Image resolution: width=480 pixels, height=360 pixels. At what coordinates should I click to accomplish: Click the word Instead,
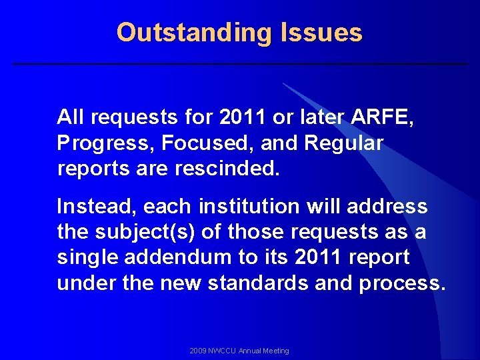tap(96, 207)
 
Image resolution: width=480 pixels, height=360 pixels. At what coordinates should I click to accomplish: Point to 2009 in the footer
tap(198, 351)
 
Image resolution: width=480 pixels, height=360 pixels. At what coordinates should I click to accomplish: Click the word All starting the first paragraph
tap(71, 118)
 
